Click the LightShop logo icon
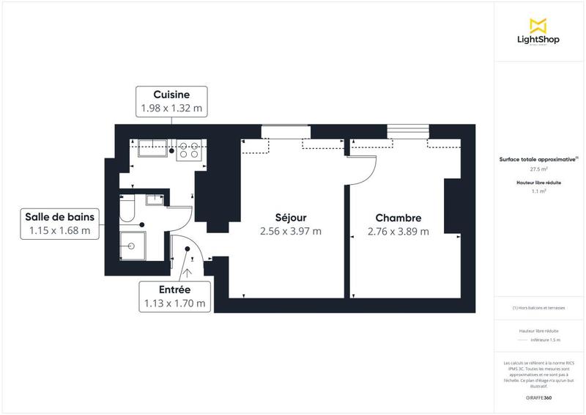[x=538, y=26]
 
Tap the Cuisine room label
[x=171, y=95]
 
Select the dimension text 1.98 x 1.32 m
[x=171, y=109]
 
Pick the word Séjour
[x=291, y=218]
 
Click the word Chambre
[x=398, y=218]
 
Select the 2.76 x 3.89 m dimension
[x=398, y=232]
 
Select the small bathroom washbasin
[x=154, y=199]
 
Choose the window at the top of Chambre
[x=407, y=130]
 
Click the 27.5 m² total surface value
[x=539, y=168]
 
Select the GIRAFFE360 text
[x=538, y=397]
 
